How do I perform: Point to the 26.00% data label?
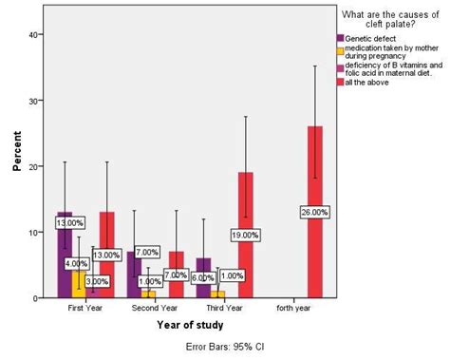[315, 212]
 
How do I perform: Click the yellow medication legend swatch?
[340, 47]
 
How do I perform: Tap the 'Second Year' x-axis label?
[154, 308]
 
